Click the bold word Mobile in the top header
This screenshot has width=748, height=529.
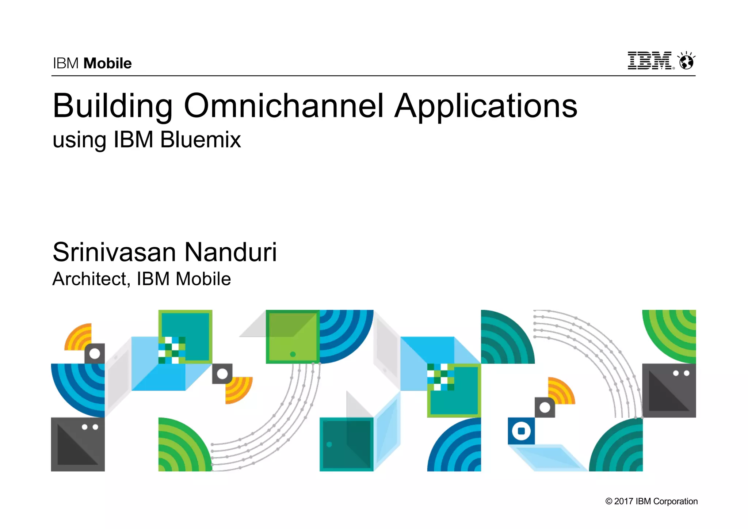pyautogui.click(x=107, y=64)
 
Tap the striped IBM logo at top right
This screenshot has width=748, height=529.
pyautogui.click(x=650, y=61)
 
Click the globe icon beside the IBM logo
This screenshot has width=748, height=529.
pyautogui.click(x=686, y=61)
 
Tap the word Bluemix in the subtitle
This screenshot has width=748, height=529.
pyautogui.click(x=201, y=140)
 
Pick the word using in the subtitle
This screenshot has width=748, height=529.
pyautogui.click(x=80, y=140)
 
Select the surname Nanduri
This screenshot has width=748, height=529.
pyautogui.click(x=230, y=252)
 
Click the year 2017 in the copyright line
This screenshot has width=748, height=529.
pyautogui.click(x=623, y=501)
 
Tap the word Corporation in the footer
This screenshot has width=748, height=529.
pyautogui.click(x=675, y=501)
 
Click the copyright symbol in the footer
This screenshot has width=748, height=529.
pyautogui.click(x=608, y=501)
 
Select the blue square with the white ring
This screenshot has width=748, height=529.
pyautogui.click(x=521, y=431)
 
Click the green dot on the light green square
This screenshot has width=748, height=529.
pyautogui.click(x=293, y=354)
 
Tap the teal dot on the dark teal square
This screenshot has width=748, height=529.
pyautogui.click(x=329, y=445)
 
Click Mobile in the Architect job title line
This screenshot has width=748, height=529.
pyautogui.click(x=203, y=279)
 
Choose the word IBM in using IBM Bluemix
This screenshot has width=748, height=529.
pyautogui.click(x=133, y=140)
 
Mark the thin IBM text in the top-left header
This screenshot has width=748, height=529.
pyautogui.click(x=66, y=64)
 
